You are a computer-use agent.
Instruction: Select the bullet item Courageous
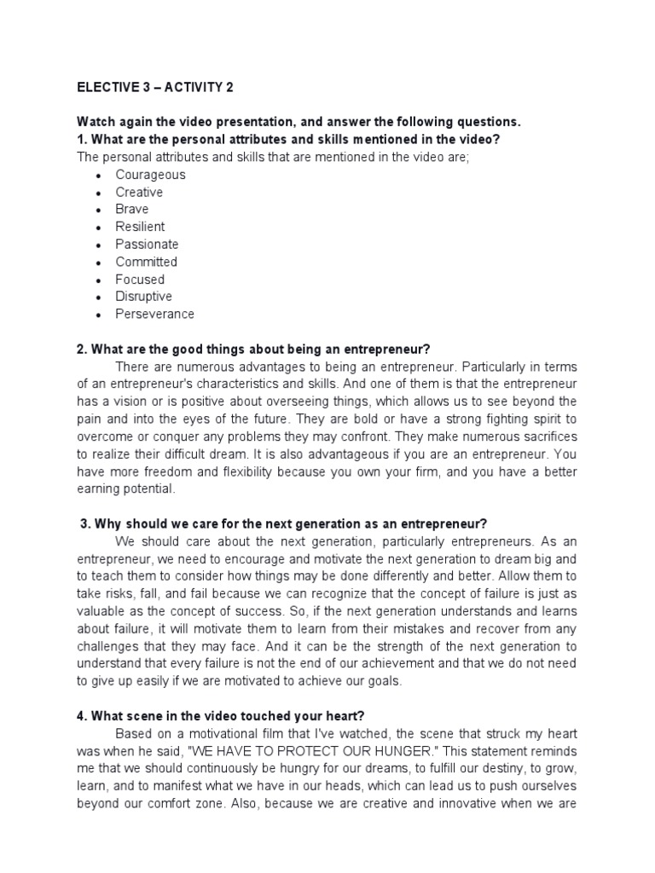pyautogui.click(x=150, y=175)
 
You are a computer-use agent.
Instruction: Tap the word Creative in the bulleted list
pyautogui.click(x=139, y=192)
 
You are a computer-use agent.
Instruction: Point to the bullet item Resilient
pyautogui.click(x=140, y=227)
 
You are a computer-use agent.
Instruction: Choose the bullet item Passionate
pyautogui.click(x=147, y=244)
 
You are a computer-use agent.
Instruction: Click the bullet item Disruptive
pyautogui.click(x=143, y=297)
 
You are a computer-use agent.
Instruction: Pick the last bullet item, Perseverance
pyautogui.click(x=154, y=314)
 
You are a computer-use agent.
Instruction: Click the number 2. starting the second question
pyautogui.click(x=82, y=349)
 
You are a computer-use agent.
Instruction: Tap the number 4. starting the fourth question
pyautogui.click(x=82, y=715)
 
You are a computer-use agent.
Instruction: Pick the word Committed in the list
pyautogui.click(x=146, y=262)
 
